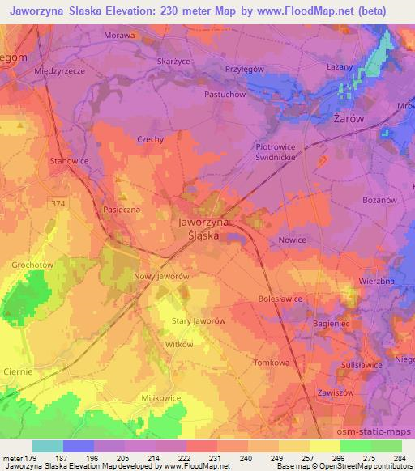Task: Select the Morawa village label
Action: [120, 36]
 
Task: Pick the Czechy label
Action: [150, 139]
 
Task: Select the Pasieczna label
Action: [122, 210]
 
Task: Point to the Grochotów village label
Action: [32, 265]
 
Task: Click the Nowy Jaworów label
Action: [161, 276]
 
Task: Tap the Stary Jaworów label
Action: [199, 320]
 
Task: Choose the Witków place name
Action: [178, 344]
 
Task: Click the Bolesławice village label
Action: [280, 298]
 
